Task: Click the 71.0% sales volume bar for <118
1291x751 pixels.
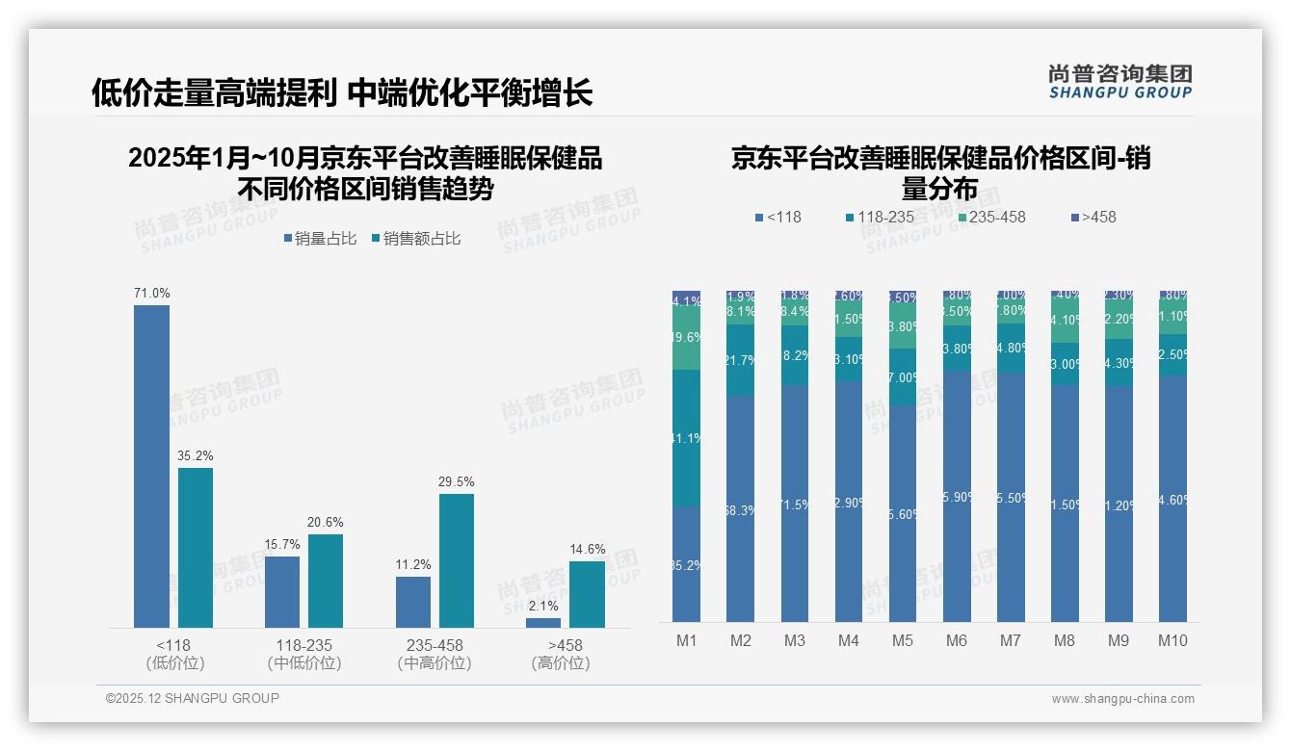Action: (x=151, y=466)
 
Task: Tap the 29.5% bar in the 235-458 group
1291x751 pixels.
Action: (x=457, y=560)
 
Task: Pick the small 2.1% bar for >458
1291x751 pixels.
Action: (x=543, y=623)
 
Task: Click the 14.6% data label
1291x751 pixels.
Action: (x=587, y=549)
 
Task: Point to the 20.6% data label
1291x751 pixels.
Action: (x=326, y=522)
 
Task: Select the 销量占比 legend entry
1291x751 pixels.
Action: (x=319, y=239)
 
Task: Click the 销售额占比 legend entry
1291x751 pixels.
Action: (x=416, y=239)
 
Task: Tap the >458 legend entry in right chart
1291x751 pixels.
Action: (x=1093, y=217)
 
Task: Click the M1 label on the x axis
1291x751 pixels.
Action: (x=686, y=640)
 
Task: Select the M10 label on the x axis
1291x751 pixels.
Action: (x=1172, y=640)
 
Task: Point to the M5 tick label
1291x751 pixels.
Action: (x=902, y=640)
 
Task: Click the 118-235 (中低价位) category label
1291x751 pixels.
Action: (x=304, y=654)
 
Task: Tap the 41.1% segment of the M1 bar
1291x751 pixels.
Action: (x=686, y=438)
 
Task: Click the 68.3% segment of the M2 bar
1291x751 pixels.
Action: (x=740, y=508)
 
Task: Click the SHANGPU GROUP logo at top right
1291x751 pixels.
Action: (x=1120, y=82)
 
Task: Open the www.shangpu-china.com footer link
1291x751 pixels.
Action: (x=1122, y=699)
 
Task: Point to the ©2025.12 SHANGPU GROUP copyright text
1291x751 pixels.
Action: (x=193, y=698)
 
